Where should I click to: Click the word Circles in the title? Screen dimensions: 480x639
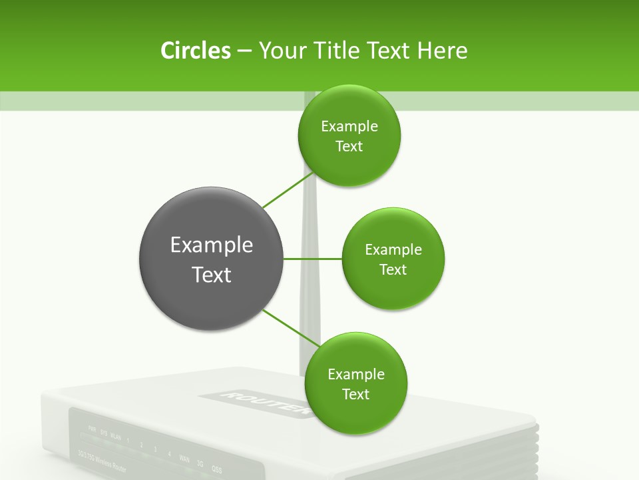click(x=195, y=51)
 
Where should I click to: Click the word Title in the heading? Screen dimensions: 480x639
click(x=330, y=51)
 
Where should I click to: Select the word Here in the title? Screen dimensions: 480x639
click(x=443, y=51)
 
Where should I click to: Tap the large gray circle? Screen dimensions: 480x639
click(x=212, y=259)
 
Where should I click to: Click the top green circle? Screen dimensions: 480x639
click(x=349, y=136)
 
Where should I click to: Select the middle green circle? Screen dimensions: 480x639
click(x=393, y=259)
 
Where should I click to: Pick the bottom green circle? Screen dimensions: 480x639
click(x=355, y=384)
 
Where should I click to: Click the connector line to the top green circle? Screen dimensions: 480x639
click(x=288, y=190)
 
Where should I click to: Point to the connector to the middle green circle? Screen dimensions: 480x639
click(x=313, y=259)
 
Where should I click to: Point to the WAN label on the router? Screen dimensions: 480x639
click(x=184, y=459)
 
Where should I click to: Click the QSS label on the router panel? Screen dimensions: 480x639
click(x=217, y=467)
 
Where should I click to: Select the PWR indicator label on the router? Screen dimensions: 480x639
click(x=92, y=429)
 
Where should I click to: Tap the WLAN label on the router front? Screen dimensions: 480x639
click(x=116, y=437)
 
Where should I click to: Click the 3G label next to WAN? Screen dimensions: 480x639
click(x=200, y=463)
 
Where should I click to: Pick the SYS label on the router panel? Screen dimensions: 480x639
click(x=103, y=433)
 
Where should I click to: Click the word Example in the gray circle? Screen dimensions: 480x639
click(x=212, y=245)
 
